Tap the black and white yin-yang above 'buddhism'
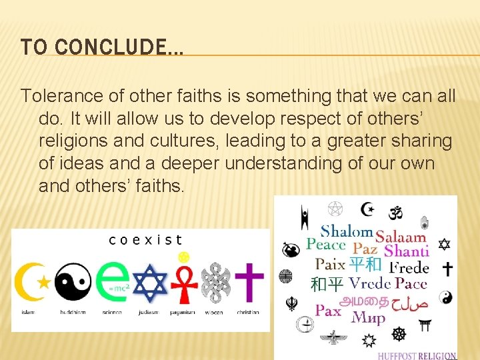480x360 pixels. click(73, 281)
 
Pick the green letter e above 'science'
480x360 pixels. click(112, 281)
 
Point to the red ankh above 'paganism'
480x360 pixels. click(185, 283)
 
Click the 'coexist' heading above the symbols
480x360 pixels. click(145, 240)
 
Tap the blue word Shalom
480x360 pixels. click(346, 231)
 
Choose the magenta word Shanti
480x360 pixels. click(406, 251)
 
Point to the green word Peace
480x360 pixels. click(325, 244)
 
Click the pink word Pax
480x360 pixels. click(328, 310)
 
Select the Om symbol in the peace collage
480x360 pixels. click(396, 212)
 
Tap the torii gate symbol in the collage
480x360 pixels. click(424, 325)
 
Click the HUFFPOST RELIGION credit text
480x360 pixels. click(417, 355)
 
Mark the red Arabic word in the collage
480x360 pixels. click(409, 302)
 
